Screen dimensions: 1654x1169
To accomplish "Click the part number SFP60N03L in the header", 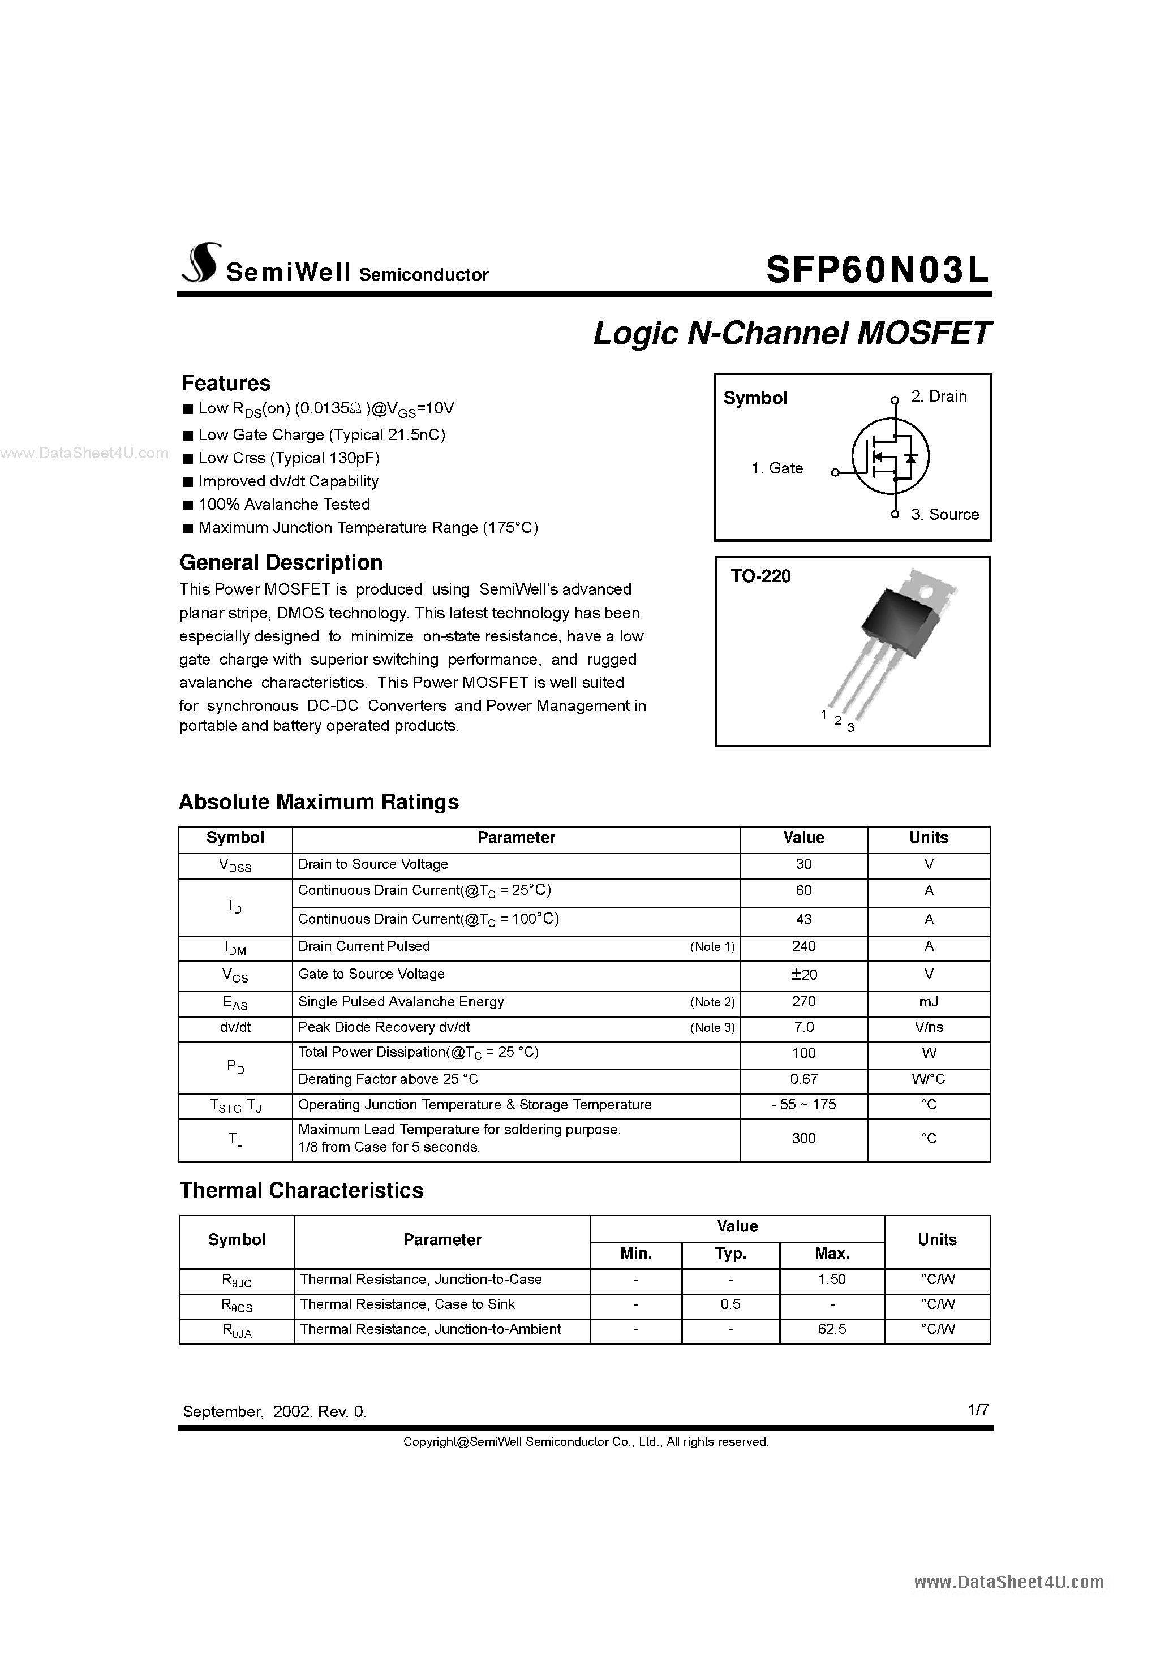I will (877, 271).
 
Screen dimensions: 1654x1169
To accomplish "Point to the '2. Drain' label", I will (938, 396).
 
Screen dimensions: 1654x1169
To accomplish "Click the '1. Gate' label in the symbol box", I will (777, 468).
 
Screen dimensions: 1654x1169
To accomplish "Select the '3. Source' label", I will (944, 514).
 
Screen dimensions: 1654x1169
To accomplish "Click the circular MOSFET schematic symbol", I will (890, 456).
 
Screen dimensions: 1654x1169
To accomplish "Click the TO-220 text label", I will (760, 576).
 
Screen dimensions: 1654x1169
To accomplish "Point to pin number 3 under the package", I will (851, 727).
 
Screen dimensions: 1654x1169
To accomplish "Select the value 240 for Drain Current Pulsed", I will (803, 946).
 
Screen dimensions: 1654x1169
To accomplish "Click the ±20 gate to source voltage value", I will (803, 975).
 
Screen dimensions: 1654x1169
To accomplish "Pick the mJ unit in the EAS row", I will (929, 1002).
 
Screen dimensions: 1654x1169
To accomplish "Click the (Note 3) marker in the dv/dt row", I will (712, 1028).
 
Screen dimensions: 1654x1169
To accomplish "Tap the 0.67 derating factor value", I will (803, 1079).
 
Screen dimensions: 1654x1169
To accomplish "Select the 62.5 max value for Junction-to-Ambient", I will (832, 1329).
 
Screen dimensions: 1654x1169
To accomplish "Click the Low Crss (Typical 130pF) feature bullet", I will (288, 458).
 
